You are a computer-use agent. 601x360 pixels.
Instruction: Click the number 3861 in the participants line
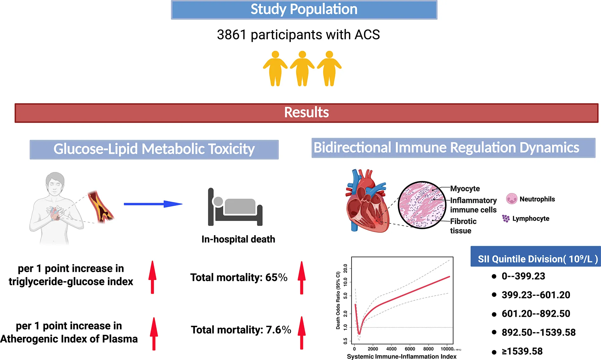coord(231,35)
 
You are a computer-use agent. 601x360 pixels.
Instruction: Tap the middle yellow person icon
coord(302,68)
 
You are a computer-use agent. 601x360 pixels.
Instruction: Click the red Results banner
coord(306,113)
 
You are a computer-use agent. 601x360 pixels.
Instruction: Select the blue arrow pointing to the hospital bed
coord(153,204)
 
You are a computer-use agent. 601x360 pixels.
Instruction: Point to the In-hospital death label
coord(238,239)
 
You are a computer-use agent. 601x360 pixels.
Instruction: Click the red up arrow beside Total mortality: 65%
coord(302,277)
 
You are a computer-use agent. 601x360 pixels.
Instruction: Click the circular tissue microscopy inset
coord(422,205)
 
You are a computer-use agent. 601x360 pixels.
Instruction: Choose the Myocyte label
coord(465,189)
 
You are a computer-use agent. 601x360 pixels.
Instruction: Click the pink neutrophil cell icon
coord(511,199)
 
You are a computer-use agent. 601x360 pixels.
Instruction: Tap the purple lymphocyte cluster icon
coord(506,218)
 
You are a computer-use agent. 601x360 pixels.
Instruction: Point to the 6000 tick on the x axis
coord(410,349)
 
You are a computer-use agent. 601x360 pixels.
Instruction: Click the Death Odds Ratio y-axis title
coord(338,300)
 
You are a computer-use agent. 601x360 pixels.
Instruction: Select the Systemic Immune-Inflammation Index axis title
coord(402,357)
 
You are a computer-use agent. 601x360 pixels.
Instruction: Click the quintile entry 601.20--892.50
coord(536,314)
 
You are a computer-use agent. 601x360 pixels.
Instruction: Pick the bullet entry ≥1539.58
coord(522,351)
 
